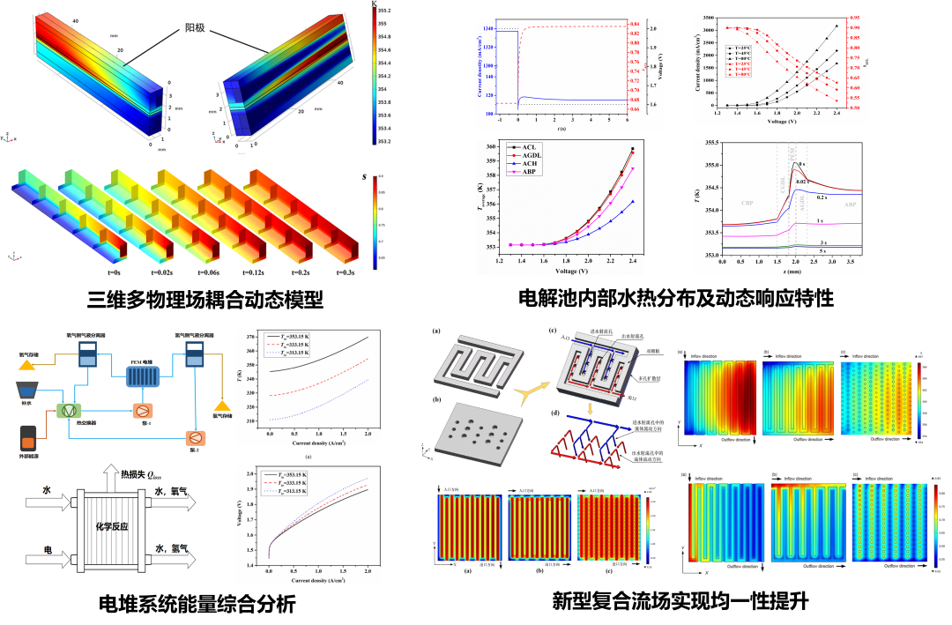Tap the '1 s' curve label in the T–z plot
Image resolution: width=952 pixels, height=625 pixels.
(x=821, y=220)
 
